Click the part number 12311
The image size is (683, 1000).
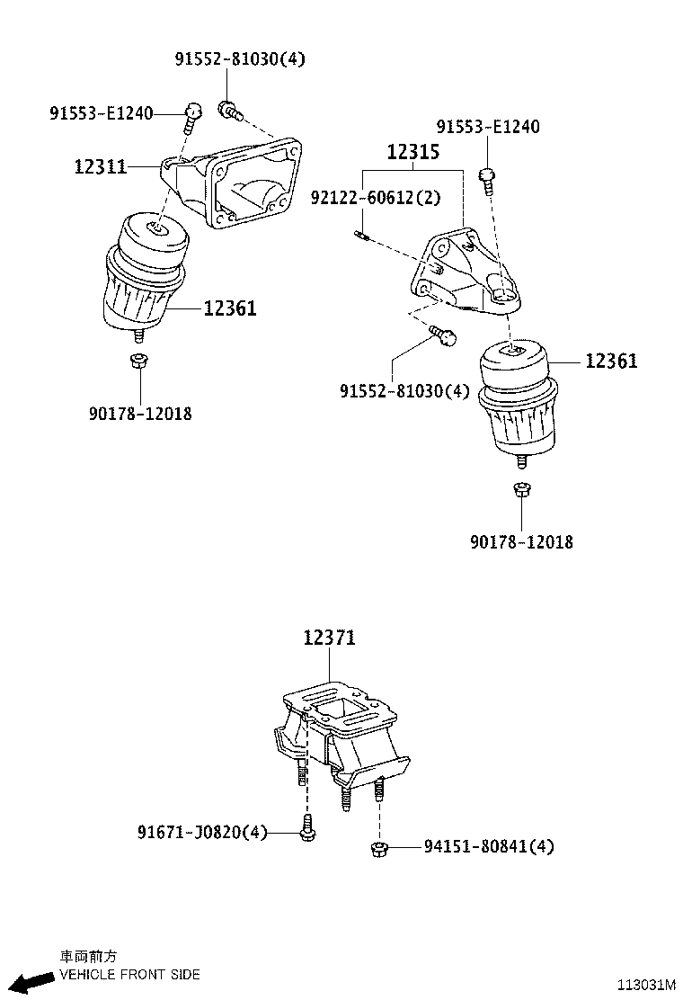(100, 166)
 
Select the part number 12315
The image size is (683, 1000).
(412, 152)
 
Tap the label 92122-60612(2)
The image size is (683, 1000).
(376, 197)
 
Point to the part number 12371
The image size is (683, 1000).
(329, 638)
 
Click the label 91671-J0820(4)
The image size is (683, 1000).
(202, 833)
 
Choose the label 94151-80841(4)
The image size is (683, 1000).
(489, 846)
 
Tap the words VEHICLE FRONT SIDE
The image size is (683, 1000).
(129, 974)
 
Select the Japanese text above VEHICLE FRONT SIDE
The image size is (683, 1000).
(87, 957)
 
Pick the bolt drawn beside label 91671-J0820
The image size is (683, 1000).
(307, 829)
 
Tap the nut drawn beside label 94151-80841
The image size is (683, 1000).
(377, 846)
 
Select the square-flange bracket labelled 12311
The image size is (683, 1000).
(238, 184)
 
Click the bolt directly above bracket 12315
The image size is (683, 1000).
(486, 179)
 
